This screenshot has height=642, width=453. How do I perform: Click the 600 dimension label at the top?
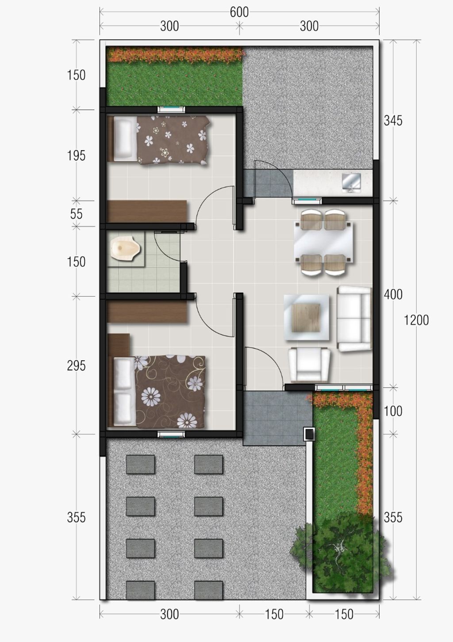(239, 12)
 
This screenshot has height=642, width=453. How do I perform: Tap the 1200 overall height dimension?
(416, 320)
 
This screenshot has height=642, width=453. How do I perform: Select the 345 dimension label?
(393, 121)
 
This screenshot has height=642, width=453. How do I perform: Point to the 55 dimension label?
(76, 214)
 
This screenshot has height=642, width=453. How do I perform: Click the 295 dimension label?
(76, 366)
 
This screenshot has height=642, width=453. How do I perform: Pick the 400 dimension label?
(393, 294)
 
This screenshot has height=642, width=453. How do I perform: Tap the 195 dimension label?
(76, 155)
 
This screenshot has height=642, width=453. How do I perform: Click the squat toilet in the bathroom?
(126, 248)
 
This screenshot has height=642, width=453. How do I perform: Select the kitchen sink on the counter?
(352, 182)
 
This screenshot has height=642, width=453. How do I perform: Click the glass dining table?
(323, 242)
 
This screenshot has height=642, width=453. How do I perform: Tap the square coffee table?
(306, 317)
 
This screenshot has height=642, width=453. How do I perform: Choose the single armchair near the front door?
(309, 365)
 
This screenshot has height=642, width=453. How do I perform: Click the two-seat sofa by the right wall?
(354, 318)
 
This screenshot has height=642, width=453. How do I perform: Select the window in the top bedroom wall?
(172, 109)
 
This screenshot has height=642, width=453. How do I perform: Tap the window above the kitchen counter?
(307, 201)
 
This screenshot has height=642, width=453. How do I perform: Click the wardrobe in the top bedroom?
(147, 212)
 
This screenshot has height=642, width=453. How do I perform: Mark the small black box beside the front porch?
(309, 433)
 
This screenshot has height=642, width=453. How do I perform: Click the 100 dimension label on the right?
(393, 411)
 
